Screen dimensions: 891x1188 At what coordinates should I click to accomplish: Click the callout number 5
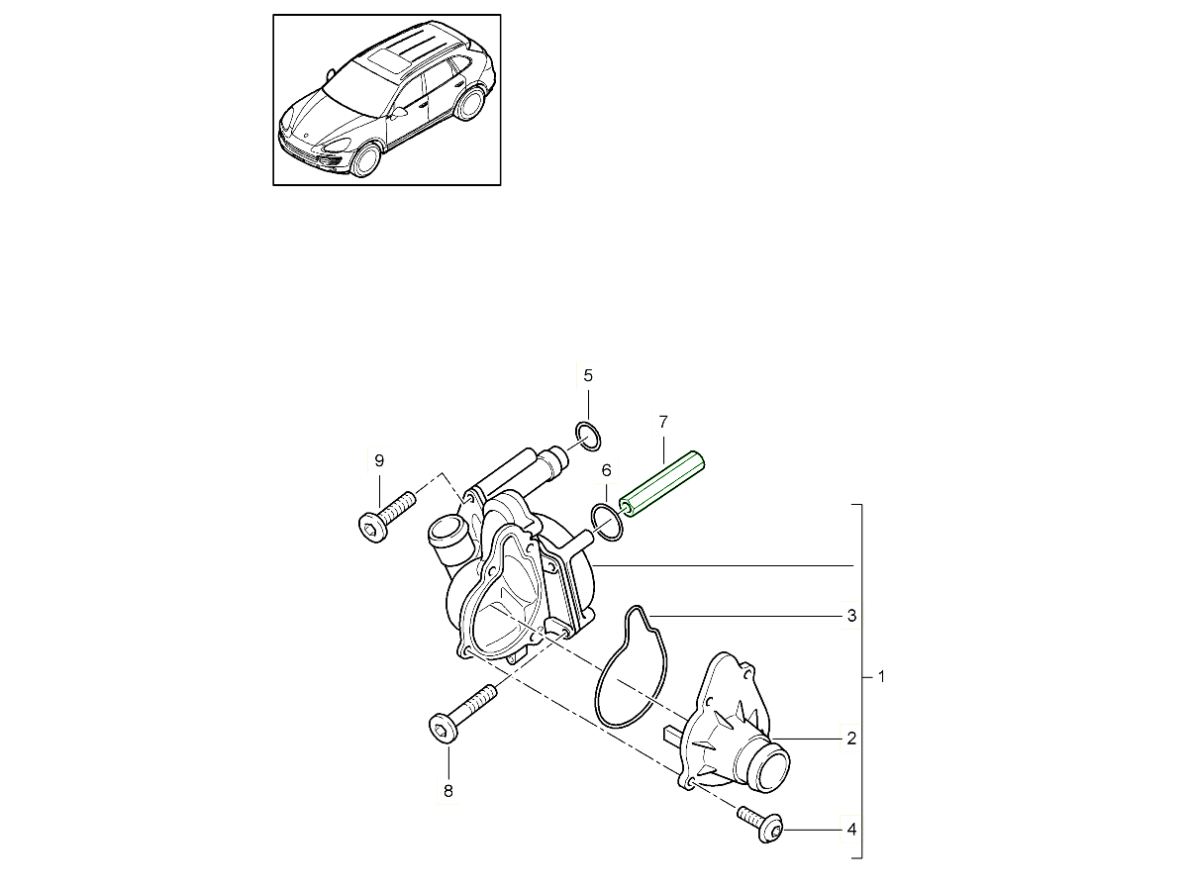[x=587, y=375]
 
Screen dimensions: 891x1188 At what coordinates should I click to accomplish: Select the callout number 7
[x=663, y=422]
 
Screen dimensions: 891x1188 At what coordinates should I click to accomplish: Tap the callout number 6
[x=607, y=470]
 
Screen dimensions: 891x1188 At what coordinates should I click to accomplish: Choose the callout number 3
[x=850, y=616]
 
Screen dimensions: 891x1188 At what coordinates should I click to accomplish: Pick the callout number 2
[x=850, y=739]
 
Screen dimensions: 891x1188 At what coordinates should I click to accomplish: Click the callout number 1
[x=881, y=678]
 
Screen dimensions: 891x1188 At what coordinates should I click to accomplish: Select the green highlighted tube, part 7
[x=662, y=485]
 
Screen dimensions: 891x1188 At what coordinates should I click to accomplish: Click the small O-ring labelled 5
[x=588, y=434]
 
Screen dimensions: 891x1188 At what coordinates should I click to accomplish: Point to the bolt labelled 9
[x=380, y=521]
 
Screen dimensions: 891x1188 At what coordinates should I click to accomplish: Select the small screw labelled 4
[x=761, y=824]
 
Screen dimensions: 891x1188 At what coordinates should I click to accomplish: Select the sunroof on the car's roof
[x=390, y=60]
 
